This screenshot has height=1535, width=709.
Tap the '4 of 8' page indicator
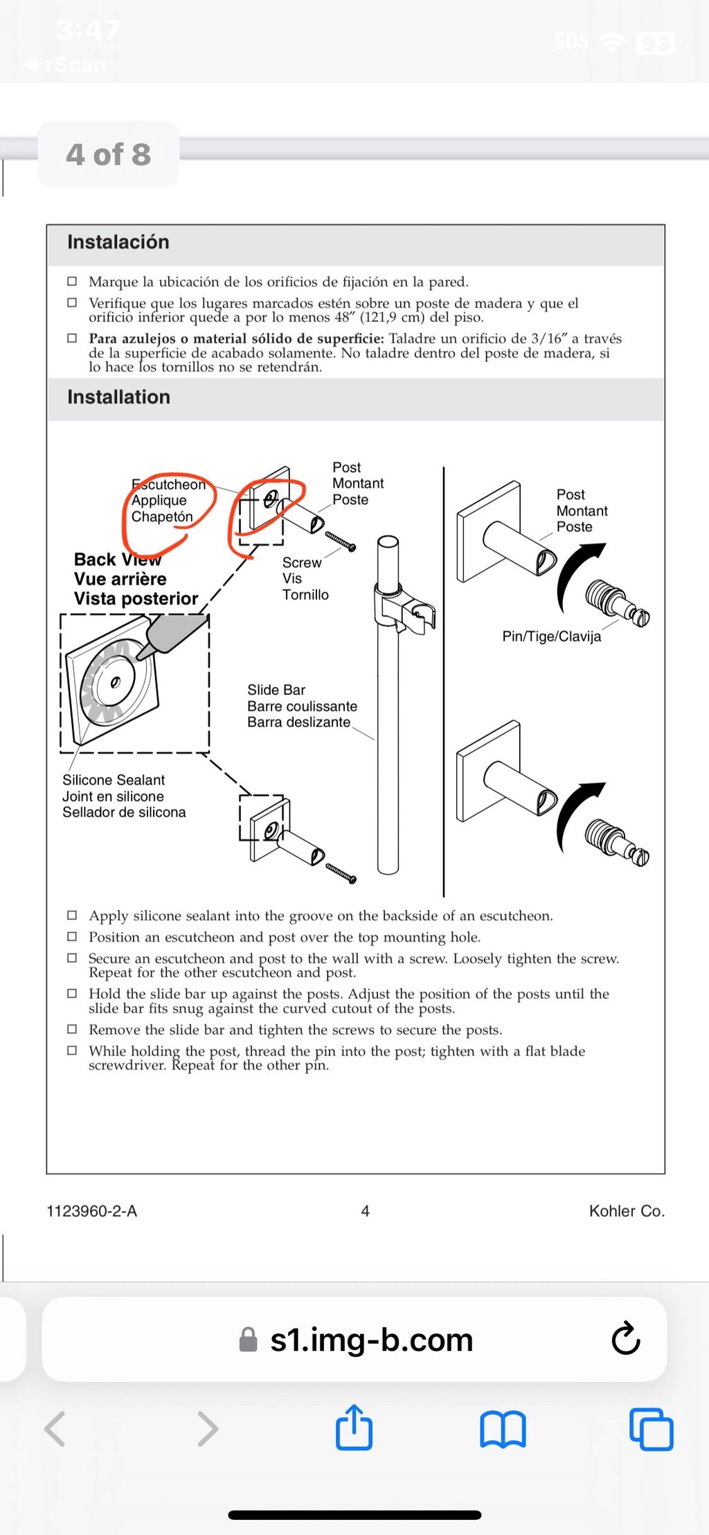point(109,154)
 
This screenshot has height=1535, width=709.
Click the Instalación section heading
point(118,242)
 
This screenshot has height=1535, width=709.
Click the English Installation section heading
point(118,397)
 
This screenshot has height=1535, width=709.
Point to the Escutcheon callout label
point(168,485)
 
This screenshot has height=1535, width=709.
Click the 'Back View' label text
point(118,559)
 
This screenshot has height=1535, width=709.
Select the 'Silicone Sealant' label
point(114,780)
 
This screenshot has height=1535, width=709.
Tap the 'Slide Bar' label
point(276,690)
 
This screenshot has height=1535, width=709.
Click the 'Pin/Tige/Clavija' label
point(551,636)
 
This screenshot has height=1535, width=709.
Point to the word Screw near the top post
point(302,563)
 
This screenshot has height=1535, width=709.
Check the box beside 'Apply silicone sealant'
point(72,915)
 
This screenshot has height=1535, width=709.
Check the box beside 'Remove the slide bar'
point(72,1029)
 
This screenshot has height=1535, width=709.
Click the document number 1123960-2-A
point(91,1211)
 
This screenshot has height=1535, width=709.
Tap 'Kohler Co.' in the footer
point(627,1211)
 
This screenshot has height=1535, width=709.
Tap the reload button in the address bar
point(625,1338)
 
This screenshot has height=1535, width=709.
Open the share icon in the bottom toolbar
point(354,1428)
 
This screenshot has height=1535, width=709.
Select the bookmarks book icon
point(503,1429)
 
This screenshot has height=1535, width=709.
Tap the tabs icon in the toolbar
point(651,1429)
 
